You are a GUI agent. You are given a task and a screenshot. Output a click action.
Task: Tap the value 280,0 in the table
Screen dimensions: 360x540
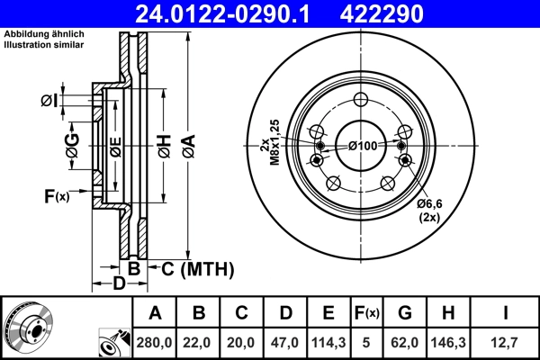[x=155, y=342]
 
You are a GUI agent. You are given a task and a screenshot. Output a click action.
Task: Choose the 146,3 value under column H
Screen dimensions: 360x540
[x=454, y=342]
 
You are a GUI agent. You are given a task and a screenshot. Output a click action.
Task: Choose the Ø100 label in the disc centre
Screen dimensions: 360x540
[x=362, y=146]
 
